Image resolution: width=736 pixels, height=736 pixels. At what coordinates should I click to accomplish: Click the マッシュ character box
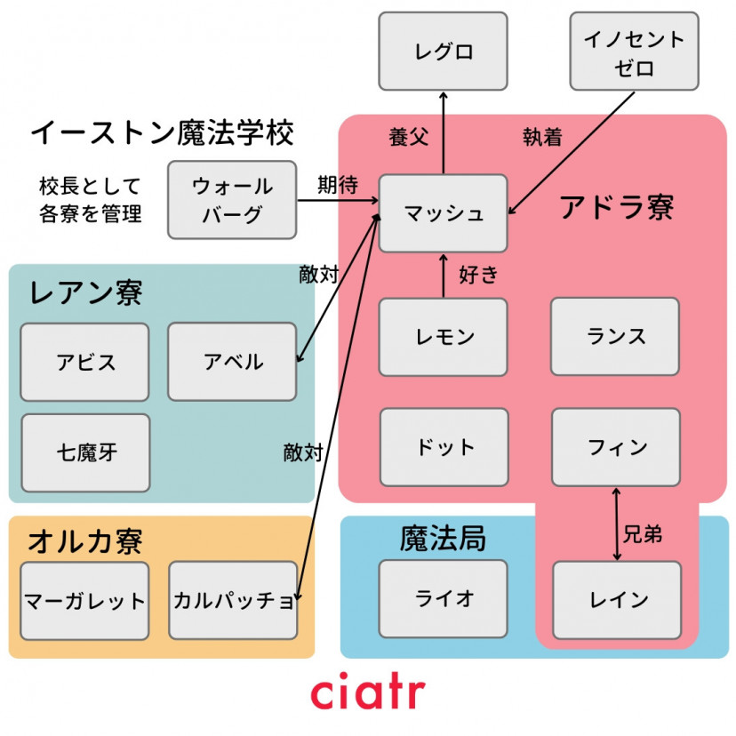tap(443, 213)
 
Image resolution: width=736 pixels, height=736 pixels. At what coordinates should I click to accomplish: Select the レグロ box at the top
tap(443, 52)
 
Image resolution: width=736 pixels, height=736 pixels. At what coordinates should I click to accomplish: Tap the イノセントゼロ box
tap(634, 52)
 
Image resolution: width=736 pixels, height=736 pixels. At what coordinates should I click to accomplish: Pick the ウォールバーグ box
tap(232, 200)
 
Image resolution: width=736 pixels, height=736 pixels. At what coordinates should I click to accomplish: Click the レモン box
tap(443, 337)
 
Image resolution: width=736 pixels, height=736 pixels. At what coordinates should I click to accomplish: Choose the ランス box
tap(615, 336)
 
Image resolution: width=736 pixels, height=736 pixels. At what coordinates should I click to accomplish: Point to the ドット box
tap(444, 447)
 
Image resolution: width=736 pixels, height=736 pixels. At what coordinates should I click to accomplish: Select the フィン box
tap(616, 447)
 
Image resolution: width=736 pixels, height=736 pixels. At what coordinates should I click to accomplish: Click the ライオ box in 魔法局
tap(443, 599)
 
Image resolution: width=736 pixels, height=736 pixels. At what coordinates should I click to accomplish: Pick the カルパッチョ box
tap(233, 600)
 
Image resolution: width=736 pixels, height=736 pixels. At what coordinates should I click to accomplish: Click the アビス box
tap(84, 362)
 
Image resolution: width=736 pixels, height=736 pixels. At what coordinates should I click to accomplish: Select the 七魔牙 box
tap(85, 452)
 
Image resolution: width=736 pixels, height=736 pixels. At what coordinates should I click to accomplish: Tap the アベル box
tap(232, 362)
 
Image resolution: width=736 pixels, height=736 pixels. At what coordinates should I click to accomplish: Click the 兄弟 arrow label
tap(643, 535)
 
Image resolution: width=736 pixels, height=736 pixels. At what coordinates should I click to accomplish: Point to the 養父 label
tap(408, 138)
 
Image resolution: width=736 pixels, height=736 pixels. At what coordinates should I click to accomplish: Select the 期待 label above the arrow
tap(338, 185)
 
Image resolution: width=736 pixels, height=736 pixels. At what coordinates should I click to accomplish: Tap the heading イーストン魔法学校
tap(162, 133)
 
